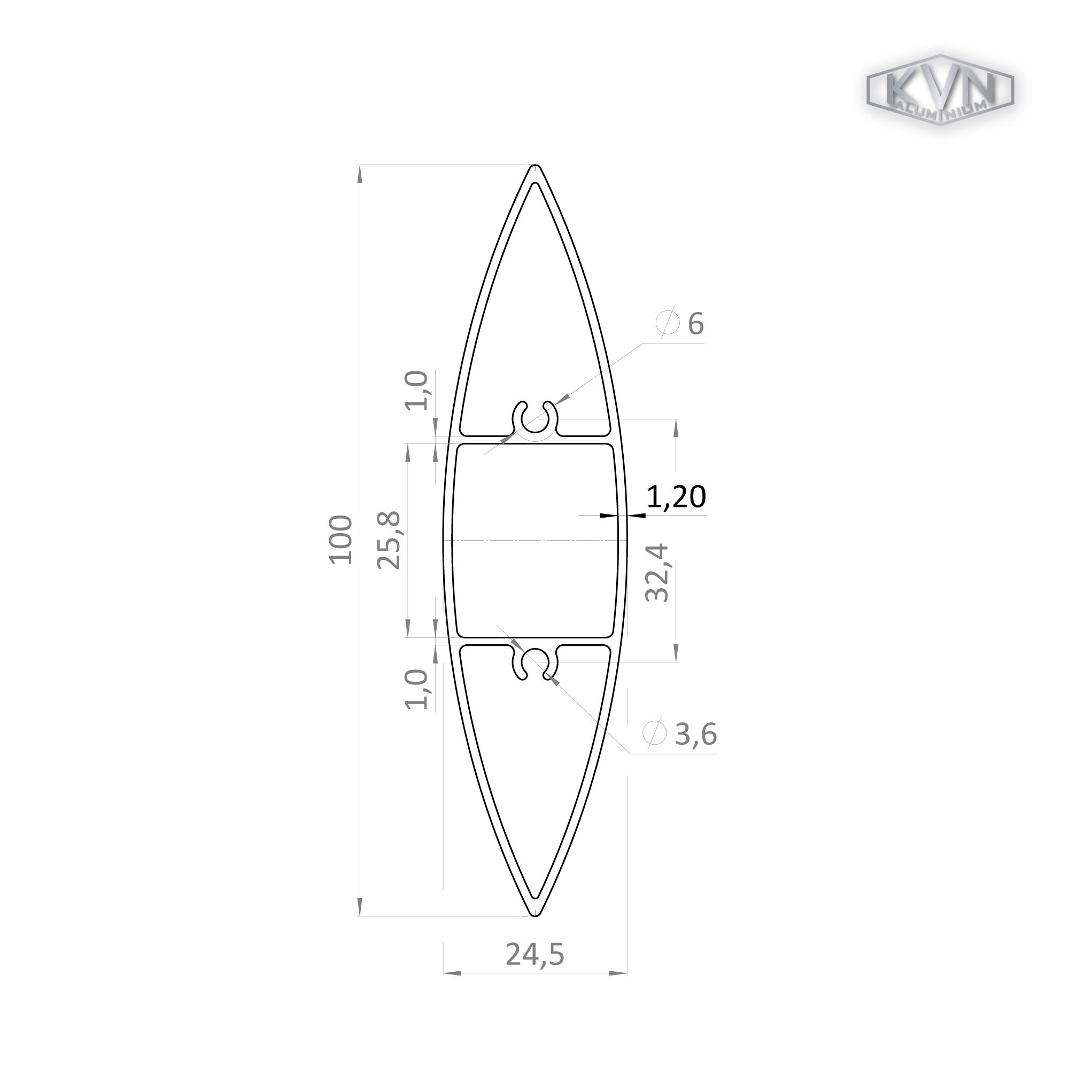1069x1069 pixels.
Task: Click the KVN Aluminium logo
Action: pos(940,90)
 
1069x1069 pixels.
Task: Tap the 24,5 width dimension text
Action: pos(535,955)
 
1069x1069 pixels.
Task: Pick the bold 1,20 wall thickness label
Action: pos(676,496)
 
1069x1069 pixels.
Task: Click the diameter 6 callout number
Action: pos(695,324)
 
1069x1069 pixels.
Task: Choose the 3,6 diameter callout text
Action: pos(696,735)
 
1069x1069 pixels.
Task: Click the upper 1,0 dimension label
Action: pos(417,391)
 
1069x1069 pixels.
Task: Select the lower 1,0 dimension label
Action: pos(417,689)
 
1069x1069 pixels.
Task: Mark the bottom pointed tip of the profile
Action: pos(534,916)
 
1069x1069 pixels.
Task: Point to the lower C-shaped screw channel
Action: pos(534,663)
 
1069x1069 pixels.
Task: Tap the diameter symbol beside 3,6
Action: pos(654,733)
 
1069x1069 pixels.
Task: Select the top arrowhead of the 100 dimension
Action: pos(360,174)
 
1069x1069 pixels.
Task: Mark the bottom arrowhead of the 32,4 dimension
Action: pos(676,653)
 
